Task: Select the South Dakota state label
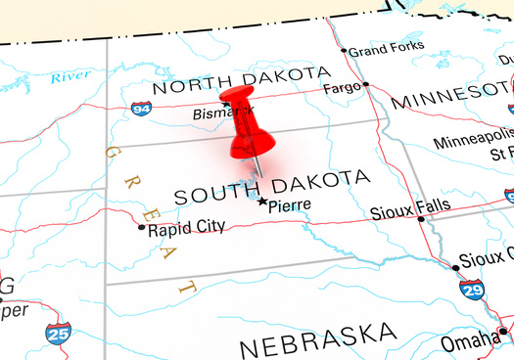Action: click(x=272, y=186)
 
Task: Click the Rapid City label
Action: click(x=186, y=228)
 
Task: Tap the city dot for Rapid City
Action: click(x=142, y=228)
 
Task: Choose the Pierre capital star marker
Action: click(x=261, y=202)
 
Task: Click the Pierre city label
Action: click(x=290, y=204)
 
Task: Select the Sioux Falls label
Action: click(x=410, y=207)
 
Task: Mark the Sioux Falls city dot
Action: click(x=422, y=219)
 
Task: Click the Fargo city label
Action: click(x=343, y=88)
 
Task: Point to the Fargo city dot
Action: click(x=366, y=84)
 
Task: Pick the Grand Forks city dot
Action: click(x=344, y=50)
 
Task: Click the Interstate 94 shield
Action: click(x=142, y=109)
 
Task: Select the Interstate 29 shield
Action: click(x=471, y=288)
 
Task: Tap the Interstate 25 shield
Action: click(x=58, y=334)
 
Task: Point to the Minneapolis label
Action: click(x=472, y=142)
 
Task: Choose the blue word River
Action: click(x=70, y=75)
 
